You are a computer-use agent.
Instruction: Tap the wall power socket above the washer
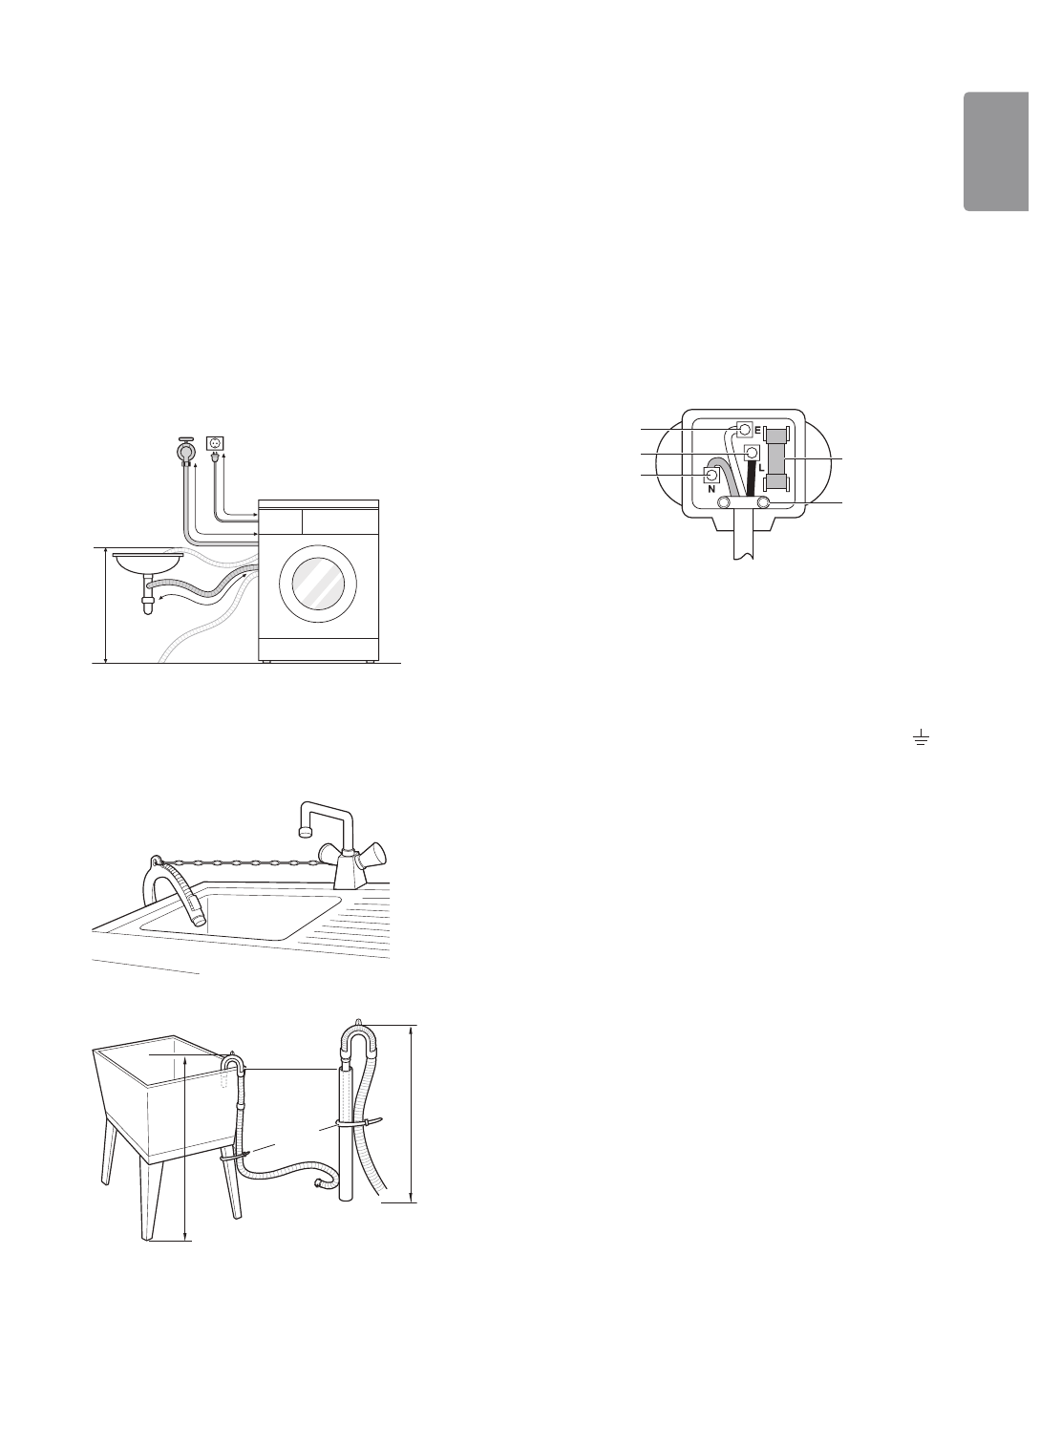pos(216,443)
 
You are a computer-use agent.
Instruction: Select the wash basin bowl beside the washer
pos(148,561)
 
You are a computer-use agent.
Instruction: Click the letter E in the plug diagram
pos(756,431)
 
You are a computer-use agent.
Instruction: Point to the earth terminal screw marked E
pos(743,430)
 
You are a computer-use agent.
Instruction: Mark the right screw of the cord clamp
pos(764,501)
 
